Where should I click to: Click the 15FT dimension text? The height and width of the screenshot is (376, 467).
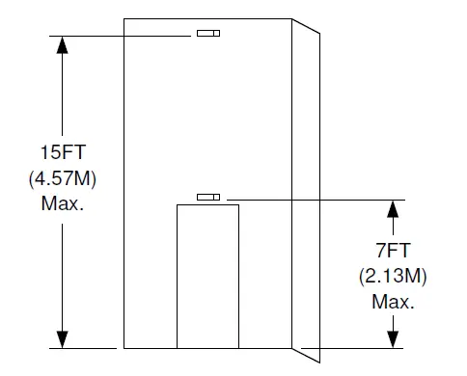point(63,152)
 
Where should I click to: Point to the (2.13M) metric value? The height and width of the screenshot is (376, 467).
point(393,277)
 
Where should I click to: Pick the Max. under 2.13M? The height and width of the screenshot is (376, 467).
point(393,302)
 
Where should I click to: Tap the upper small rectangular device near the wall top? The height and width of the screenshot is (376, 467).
point(207,34)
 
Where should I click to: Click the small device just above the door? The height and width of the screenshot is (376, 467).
point(207,197)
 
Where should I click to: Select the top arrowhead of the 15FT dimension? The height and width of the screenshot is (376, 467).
point(63,44)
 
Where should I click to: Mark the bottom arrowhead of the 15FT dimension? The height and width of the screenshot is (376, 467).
point(63,337)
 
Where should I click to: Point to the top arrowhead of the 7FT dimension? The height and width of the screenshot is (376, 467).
point(393,208)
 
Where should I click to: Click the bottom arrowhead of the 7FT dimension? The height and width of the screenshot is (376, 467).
point(393,337)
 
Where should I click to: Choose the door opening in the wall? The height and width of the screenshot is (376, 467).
point(206,276)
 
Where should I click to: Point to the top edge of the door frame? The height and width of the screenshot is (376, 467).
point(206,205)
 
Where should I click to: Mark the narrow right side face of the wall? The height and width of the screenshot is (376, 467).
point(305,193)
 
